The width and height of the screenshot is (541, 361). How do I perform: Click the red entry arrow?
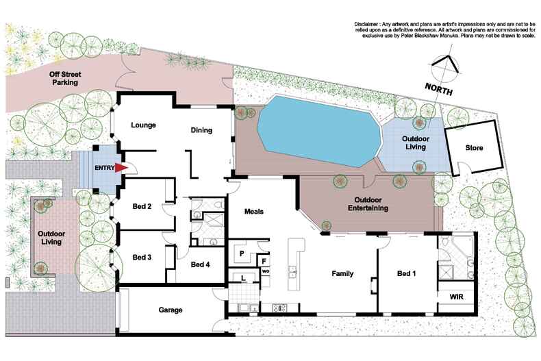tap(121, 168)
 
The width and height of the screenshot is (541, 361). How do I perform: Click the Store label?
tap(474, 147)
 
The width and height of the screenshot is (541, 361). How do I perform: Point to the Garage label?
tap(171, 310)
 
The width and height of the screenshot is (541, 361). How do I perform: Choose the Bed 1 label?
tap(408, 274)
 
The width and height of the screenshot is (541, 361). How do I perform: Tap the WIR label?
tap(457, 297)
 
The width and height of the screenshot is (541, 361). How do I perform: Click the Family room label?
tap(342, 274)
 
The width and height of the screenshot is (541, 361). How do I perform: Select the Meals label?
tap(254, 212)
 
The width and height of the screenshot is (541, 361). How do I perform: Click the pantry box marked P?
tap(241, 253)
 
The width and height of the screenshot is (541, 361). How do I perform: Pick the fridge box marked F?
tap(264, 261)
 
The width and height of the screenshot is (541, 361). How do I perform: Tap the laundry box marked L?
tap(244, 277)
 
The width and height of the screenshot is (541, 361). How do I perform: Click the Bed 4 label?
tap(201, 264)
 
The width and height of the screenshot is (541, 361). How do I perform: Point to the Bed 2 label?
tap(141, 207)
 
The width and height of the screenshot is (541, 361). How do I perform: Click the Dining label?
tap(201, 130)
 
